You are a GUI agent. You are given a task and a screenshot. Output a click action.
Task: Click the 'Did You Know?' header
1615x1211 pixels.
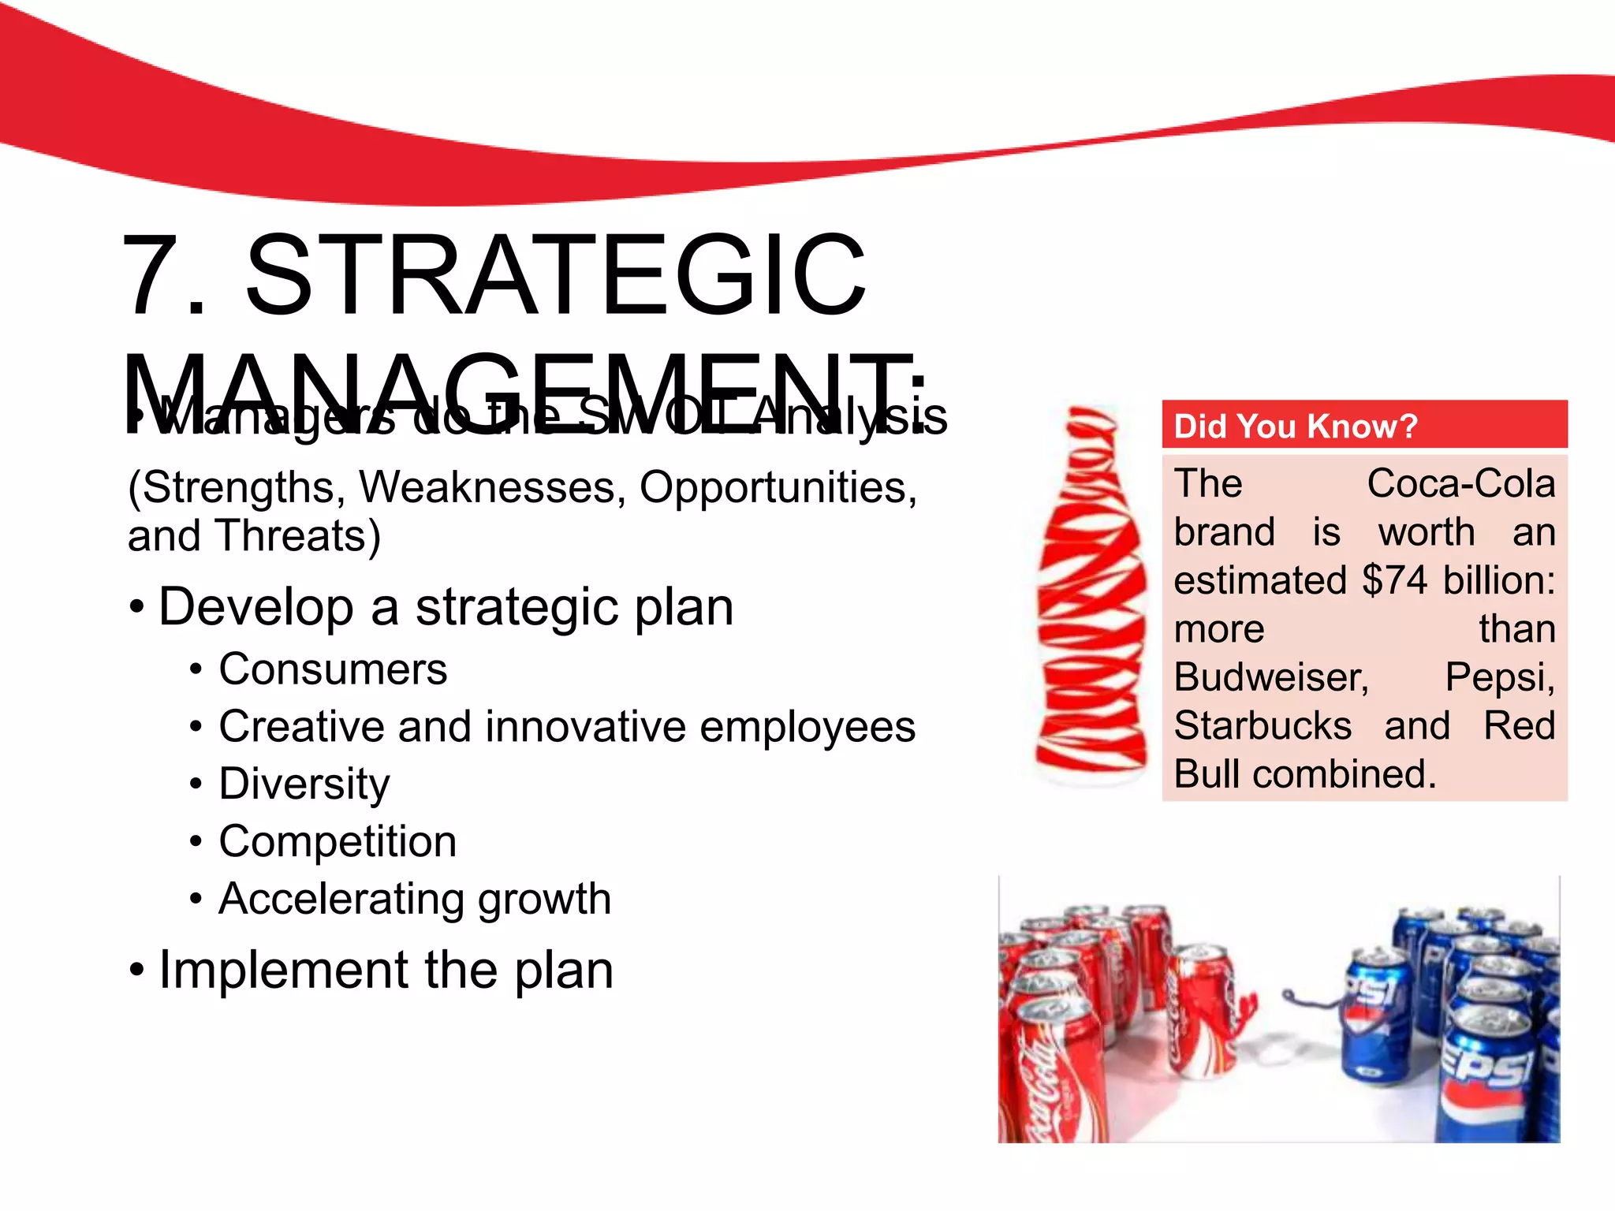pyautogui.click(x=1295, y=426)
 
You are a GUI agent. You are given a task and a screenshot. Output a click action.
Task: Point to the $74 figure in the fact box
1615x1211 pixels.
pyautogui.click(x=1394, y=580)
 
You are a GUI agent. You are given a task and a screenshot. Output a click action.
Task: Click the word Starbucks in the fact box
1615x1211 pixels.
pyautogui.click(x=1263, y=725)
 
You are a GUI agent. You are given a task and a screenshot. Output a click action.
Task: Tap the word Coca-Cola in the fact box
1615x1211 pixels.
pyautogui.click(x=1460, y=483)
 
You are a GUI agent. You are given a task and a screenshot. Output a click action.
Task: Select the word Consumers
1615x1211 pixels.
pyautogui.click(x=333, y=669)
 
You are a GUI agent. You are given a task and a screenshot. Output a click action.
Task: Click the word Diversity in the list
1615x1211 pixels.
pyautogui.click(x=304, y=784)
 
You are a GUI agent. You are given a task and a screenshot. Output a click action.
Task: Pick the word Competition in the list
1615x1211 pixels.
pyautogui.click(x=338, y=841)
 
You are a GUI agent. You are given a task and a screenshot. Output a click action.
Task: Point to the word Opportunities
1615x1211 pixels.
pyautogui.click(x=777, y=487)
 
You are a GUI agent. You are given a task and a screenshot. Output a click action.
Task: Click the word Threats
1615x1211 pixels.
pyautogui.click(x=297, y=536)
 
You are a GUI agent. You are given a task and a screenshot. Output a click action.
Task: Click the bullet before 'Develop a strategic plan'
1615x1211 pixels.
pyautogui.click(x=137, y=608)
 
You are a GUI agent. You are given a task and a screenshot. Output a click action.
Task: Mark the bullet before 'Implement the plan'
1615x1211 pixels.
pyautogui.click(x=137, y=970)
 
